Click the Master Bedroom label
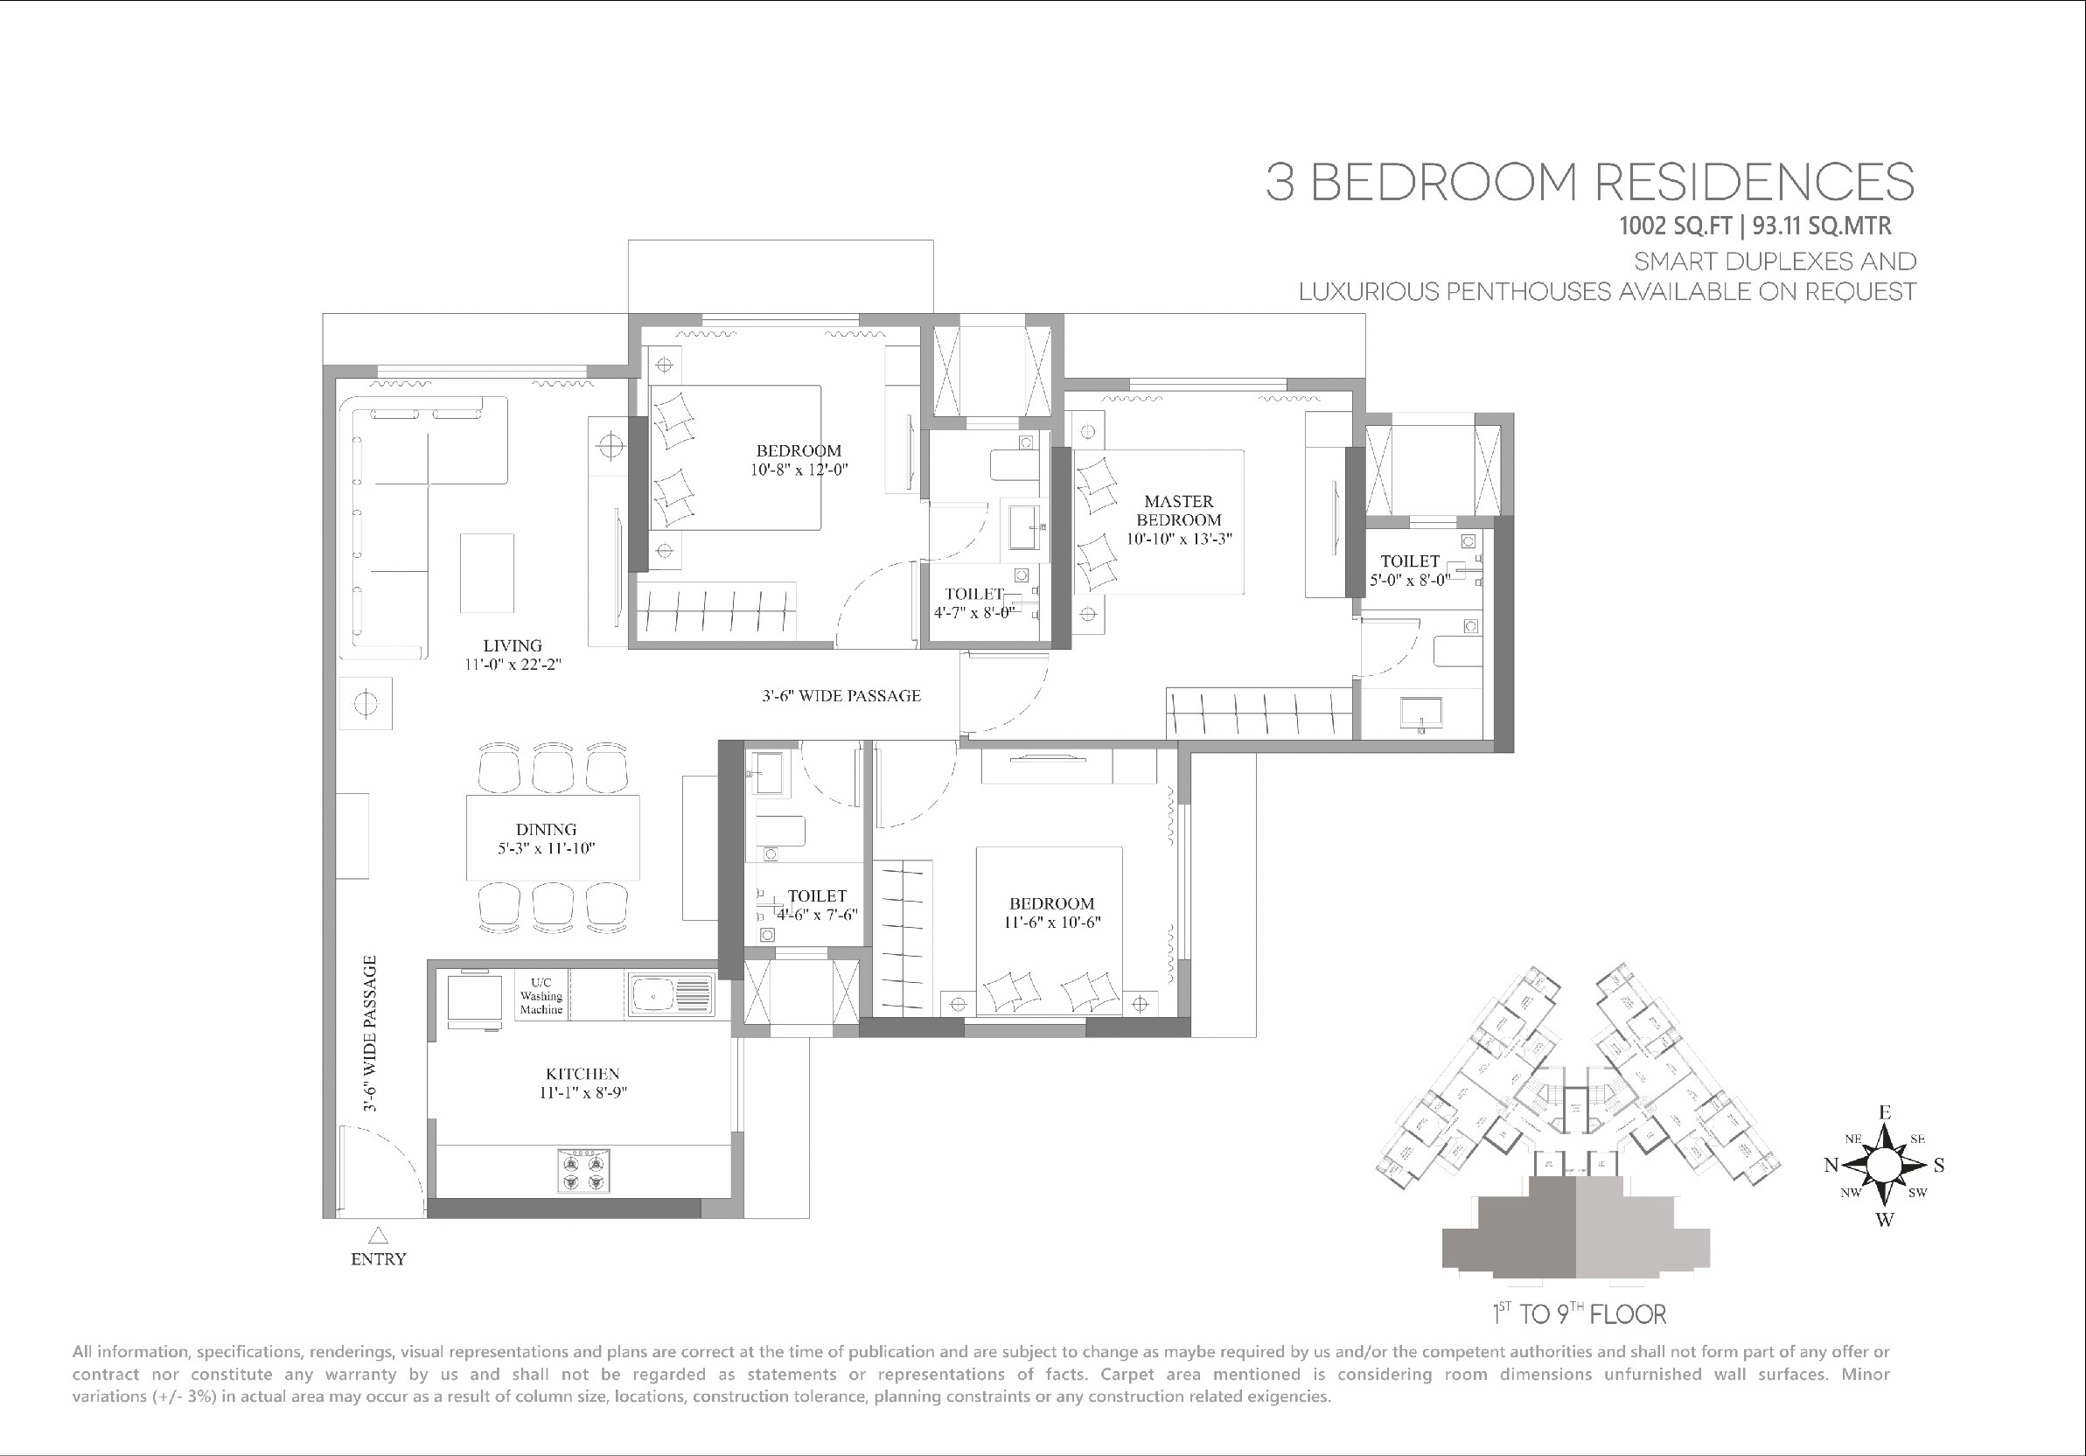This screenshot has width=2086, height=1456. [1178, 511]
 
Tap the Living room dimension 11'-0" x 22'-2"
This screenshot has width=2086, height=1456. [513, 665]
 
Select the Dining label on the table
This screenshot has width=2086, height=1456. [546, 829]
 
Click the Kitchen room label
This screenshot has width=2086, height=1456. [583, 1074]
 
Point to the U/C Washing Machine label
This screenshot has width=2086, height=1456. [541, 995]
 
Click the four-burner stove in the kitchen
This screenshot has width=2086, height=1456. [583, 1171]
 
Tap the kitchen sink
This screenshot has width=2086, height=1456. [672, 995]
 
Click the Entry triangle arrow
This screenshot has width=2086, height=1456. [378, 1236]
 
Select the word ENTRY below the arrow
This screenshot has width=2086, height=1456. [378, 1259]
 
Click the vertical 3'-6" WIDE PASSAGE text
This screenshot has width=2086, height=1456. [370, 1034]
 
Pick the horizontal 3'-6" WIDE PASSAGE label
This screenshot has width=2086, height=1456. [841, 696]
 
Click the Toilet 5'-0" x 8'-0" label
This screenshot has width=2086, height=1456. [1409, 570]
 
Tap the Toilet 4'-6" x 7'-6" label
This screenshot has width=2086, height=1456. [817, 906]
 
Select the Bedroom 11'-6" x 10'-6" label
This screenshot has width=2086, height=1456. [1051, 913]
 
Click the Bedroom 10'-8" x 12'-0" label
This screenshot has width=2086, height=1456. [799, 460]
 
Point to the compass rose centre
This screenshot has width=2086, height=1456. [1885, 1165]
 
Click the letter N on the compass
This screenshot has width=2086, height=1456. [1831, 1166]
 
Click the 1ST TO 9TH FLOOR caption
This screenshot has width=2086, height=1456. [1579, 1314]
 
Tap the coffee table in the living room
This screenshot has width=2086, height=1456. [486, 573]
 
